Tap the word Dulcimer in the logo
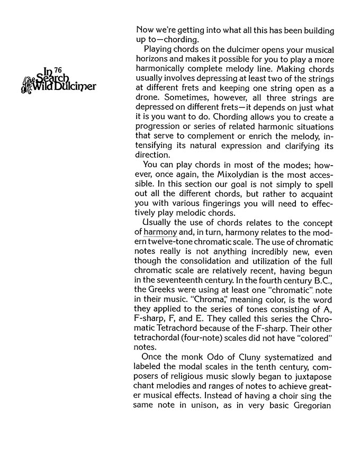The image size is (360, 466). click(80, 87)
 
